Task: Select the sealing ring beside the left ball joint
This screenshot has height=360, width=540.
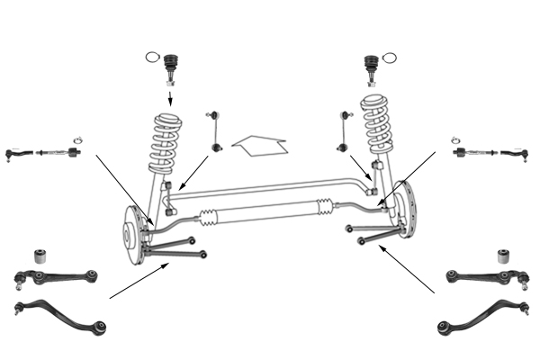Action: [152, 58]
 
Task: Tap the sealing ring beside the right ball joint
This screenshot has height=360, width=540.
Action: [388, 58]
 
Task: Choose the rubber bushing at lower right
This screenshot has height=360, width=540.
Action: [505, 256]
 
